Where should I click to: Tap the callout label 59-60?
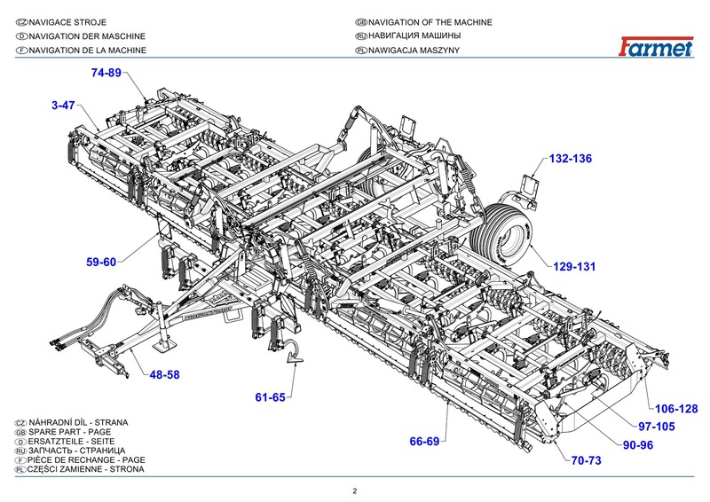(x=101, y=262)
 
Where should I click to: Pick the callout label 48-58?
(x=164, y=375)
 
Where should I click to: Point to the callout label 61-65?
(x=270, y=396)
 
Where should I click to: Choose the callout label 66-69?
(x=424, y=441)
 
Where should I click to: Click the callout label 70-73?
(x=586, y=460)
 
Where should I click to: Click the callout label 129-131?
(x=574, y=266)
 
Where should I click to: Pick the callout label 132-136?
(x=570, y=159)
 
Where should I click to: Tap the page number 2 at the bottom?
(x=354, y=490)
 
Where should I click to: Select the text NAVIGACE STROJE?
(x=74, y=21)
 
